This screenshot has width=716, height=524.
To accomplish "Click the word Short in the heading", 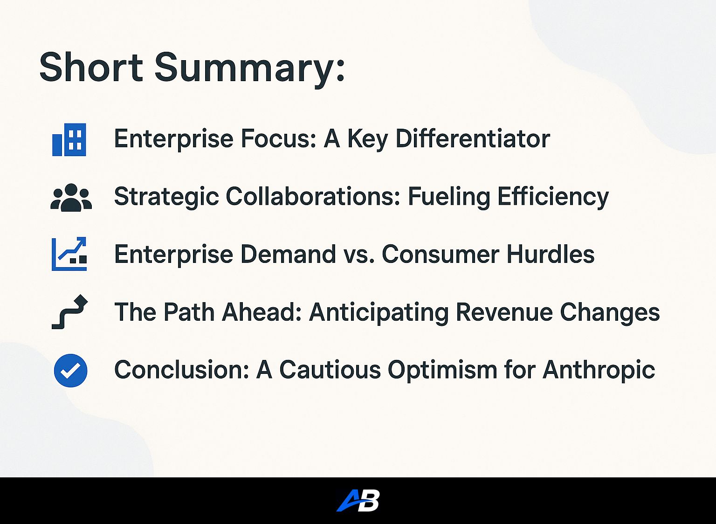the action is [x=91, y=68].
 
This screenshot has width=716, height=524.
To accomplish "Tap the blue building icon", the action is [x=69, y=139].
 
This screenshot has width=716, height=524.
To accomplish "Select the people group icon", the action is [x=71, y=197].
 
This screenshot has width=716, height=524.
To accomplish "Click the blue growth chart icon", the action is [x=69, y=254].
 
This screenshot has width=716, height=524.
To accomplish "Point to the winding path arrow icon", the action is [x=69, y=312].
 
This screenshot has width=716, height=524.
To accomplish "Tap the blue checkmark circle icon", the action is [x=70, y=371].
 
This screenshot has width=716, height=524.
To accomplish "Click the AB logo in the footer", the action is [x=358, y=500].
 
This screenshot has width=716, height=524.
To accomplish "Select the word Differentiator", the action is [x=473, y=139].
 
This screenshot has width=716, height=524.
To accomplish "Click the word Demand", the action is [x=288, y=254].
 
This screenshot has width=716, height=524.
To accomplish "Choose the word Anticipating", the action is [x=379, y=313].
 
